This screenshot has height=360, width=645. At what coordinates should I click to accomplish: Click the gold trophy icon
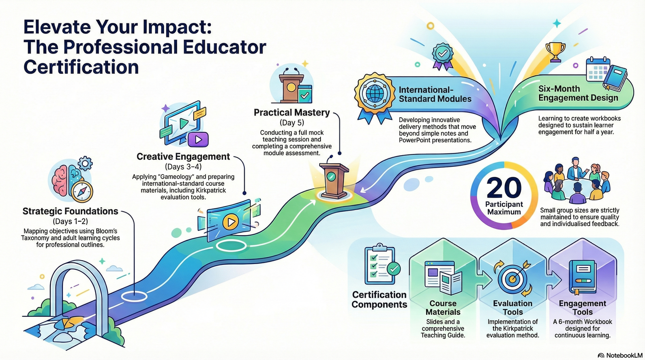pyautogui.click(x=555, y=52)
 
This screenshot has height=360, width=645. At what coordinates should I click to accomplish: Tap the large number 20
pyautogui.click(x=504, y=187)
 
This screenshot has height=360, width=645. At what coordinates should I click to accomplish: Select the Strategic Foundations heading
pyautogui.click(x=71, y=211)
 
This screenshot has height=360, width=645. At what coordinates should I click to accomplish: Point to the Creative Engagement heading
pyautogui.click(x=183, y=156)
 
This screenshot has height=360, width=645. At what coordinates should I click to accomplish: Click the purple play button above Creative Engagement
pyautogui.click(x=198, y=139)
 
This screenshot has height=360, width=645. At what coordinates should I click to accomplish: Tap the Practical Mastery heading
pyautogui.click(x=291, y=112)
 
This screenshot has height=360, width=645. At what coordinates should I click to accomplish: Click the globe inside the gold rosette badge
pyautogui.click(x=375, y=94)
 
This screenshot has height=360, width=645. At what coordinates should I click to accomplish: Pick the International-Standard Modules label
pyautogui.click(x=435, y=94)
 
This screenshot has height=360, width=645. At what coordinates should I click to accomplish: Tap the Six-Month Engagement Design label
pyautogui.click(x=578, y=93)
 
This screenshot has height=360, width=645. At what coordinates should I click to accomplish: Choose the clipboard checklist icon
pyautogui.click(x=379, y=265)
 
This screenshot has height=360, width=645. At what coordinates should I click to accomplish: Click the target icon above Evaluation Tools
pyautogui.click(x=512, y=277)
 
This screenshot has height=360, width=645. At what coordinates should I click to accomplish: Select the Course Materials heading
pyautogui.click(x=443, y=308)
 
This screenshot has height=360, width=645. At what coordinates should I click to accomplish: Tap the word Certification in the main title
pyautogui.click(x=81, y=67)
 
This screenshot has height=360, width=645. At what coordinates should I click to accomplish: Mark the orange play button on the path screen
pyautogui.click(x=230, y=222)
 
